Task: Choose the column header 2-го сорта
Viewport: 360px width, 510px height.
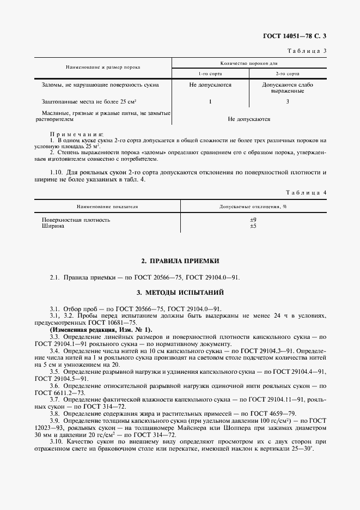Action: (287, 73)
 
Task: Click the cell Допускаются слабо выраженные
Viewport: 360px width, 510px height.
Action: (287, 88)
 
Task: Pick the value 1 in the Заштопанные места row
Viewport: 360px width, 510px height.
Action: (210, 102)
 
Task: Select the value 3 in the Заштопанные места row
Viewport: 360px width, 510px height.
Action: (287, 102)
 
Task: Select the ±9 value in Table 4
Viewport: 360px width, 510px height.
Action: (253, 220)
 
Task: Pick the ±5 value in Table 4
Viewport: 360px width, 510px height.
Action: (253, 226)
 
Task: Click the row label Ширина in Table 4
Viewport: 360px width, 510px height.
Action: (53, 226)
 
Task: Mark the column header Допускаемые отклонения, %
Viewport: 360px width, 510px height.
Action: (253, 207)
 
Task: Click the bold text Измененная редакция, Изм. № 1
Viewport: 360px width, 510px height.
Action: (101, 330)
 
